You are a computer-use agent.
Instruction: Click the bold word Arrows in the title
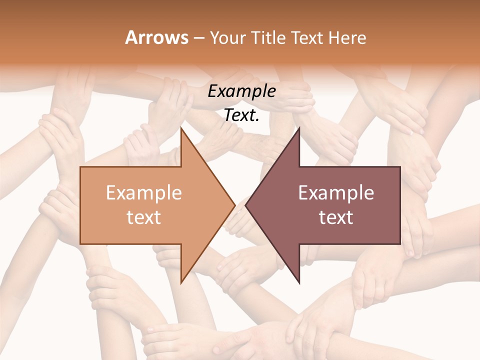click(157, 37)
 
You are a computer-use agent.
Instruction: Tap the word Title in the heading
click(268, 37)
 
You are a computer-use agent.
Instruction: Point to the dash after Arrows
click(198, 38)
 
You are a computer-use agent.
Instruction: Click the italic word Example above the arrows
click(241, 91)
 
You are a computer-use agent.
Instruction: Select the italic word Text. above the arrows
click(241, 115)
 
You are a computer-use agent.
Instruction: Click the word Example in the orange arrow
click(144, 193)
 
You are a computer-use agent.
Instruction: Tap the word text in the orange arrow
click(144, 217)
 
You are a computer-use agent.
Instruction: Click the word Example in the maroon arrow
click(336, 193)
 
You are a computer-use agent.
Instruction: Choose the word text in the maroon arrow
click(336, 217)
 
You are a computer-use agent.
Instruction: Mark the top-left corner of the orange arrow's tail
click(81, 167)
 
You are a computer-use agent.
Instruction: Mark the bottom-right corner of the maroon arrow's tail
click(399, 243)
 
